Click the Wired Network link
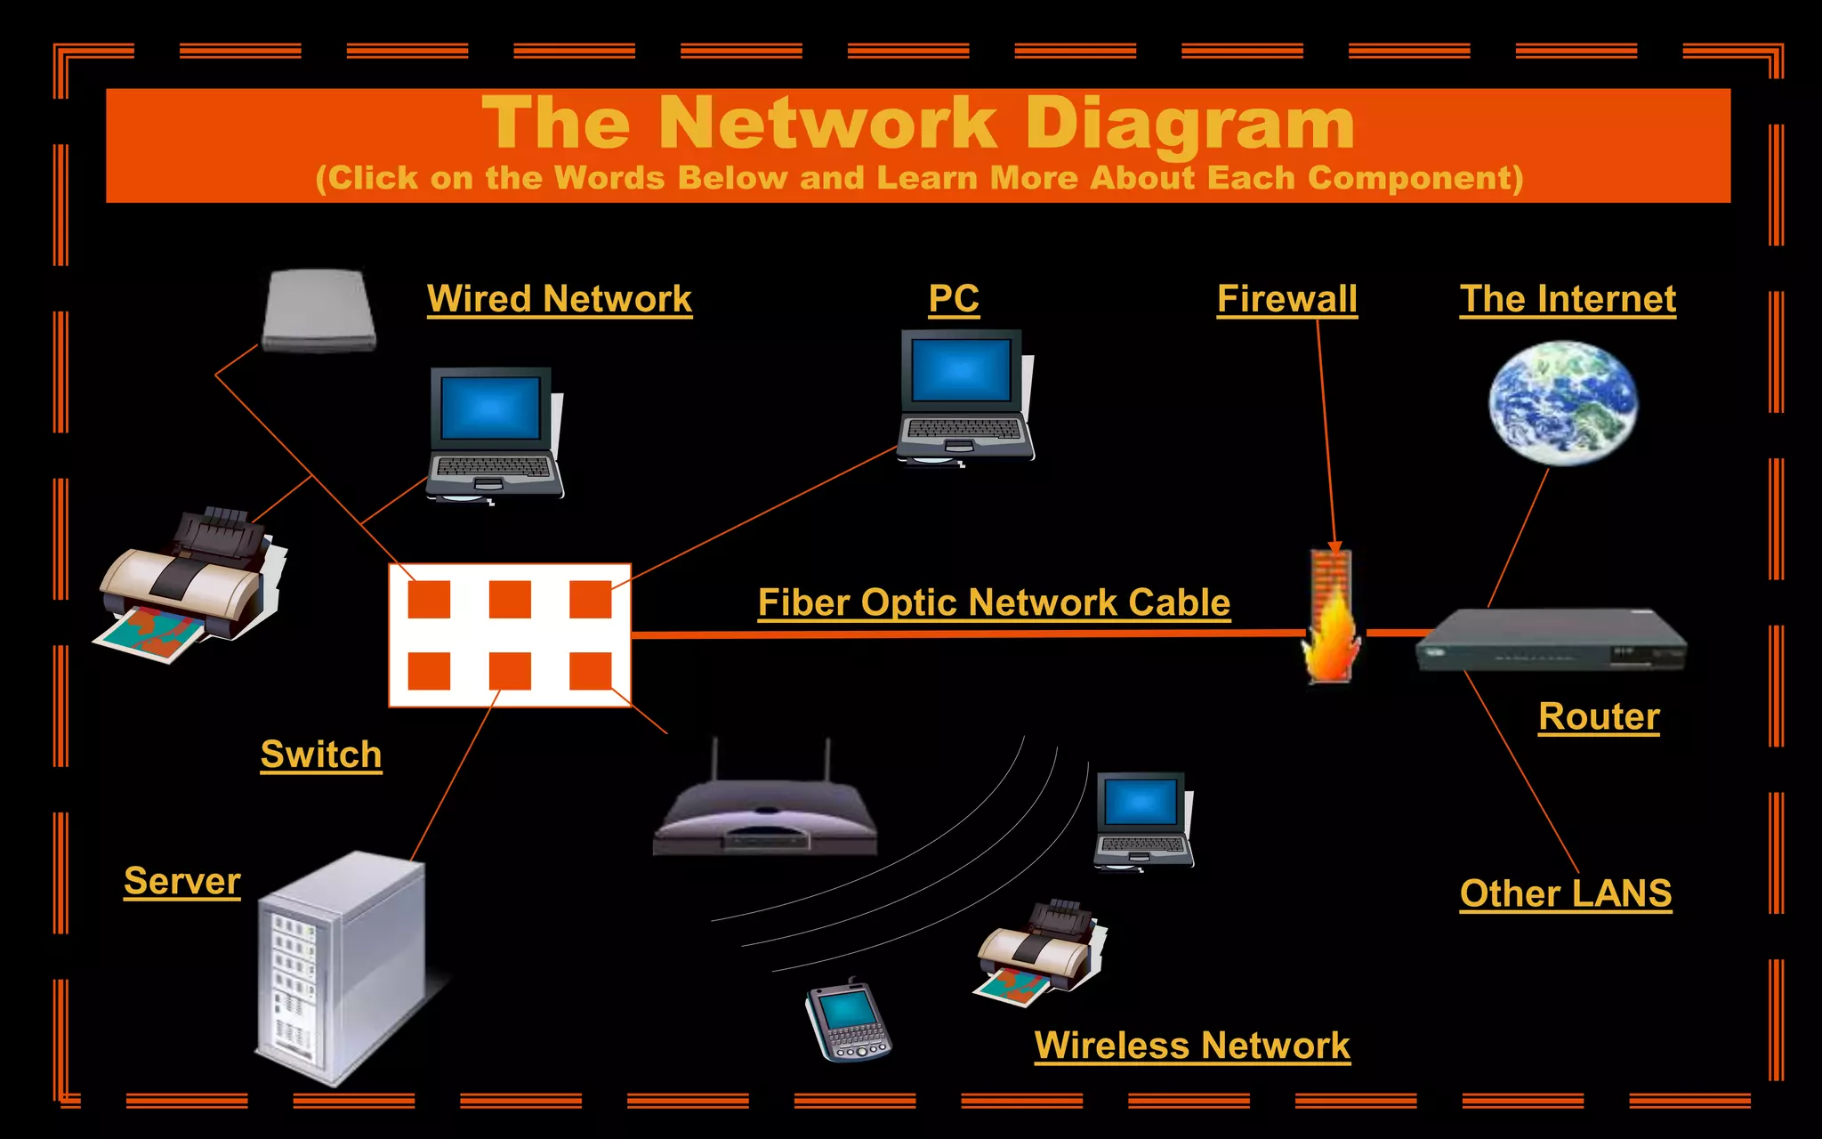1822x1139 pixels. point(559,299)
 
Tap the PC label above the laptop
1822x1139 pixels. point(954,299)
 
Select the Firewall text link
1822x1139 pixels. point(1286,299)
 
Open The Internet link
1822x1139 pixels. point(1568,299)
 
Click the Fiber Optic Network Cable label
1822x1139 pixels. point(994,602)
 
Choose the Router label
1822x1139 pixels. point(1599,716)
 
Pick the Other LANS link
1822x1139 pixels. point(1565,893)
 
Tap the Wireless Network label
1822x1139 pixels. point(1192,1046)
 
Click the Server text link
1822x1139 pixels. point(182,881)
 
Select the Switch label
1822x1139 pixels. point(321,755)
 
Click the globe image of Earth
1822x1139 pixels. point(1563,403)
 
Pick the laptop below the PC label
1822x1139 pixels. point(966,396)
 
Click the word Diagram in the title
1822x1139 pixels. point(1189,125)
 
